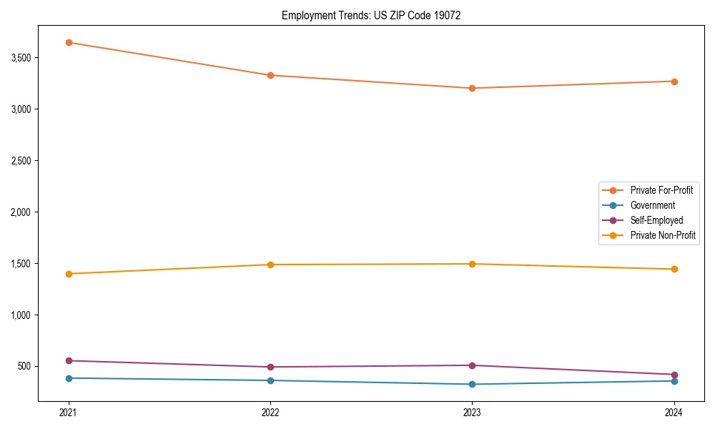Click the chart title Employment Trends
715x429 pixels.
[366, 15]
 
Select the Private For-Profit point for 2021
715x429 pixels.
[69, 42]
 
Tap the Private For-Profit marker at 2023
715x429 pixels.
[473, 88]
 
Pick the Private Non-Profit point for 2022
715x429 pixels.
[270, 265]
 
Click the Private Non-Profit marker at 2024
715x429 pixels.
[674, 269]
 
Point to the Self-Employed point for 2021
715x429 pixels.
[69, 360]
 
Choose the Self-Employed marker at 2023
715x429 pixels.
[473, 365]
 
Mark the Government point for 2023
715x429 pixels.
[473, 384]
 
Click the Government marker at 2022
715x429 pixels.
[270, 380]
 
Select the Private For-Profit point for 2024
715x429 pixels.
[674, 82]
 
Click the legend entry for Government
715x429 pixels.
[652, 205]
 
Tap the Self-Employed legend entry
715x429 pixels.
[656, 220]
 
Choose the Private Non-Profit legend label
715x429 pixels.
[663, 235]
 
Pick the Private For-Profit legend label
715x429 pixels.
[661, 190]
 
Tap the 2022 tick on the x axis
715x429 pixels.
[270, 413]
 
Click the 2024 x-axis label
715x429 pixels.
[674, 413]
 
